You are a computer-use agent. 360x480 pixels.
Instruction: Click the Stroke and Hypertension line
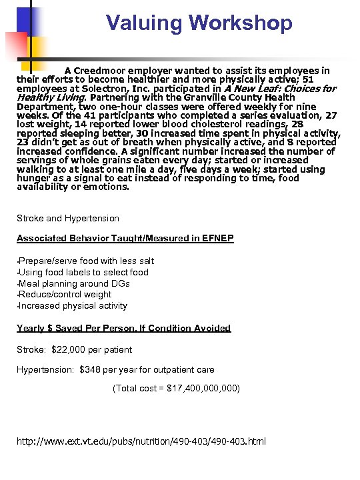(68, 218)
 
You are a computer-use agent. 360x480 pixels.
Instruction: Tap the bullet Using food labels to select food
(83, 272)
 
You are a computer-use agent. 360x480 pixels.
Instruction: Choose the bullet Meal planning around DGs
(74, 283)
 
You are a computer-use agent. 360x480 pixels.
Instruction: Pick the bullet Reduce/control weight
(65, 294)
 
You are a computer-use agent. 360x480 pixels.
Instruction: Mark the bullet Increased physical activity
(73, 305)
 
